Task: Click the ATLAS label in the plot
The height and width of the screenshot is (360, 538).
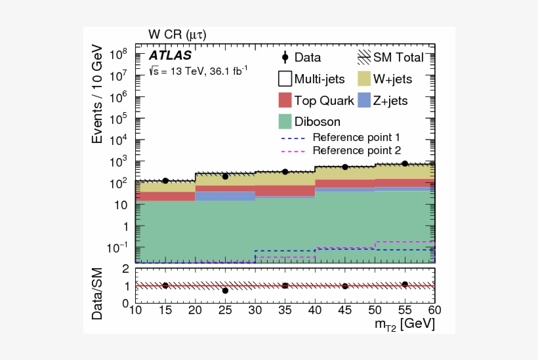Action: point(170,56)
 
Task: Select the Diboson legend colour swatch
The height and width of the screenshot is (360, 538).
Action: point(284,121)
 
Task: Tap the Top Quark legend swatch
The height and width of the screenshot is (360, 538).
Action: point(284,100)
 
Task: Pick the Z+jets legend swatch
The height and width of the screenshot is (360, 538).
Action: point(365,100)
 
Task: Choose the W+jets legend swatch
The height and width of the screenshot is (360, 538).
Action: point(365,79)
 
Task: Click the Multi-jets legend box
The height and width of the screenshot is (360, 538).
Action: point(284,79)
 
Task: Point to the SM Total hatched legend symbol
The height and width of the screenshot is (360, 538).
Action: point(365,58)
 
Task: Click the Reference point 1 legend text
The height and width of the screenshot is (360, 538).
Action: point(356,138)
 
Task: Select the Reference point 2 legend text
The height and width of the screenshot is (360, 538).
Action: point(356,150)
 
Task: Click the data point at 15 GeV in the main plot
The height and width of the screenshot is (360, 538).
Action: point(165,180)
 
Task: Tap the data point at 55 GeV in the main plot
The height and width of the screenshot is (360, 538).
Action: point(405,163)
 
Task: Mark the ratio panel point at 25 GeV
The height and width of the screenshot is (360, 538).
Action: point(225,290)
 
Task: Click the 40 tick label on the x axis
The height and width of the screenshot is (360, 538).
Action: point(315,310)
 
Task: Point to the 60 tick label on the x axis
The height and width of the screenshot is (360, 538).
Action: point(434,310)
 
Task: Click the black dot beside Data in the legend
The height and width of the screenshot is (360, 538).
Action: point(285,58)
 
